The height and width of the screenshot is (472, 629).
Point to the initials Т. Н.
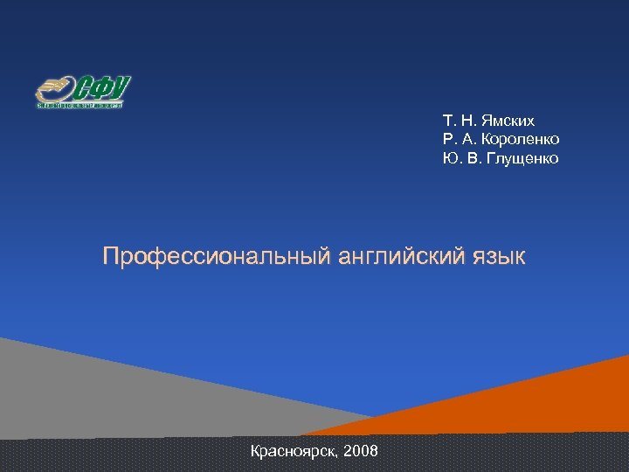click(457, 121)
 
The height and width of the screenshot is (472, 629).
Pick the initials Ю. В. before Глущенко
click(458, 158)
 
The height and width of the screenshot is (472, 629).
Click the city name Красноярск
click(294, 451)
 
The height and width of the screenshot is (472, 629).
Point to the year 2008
click(361, 451)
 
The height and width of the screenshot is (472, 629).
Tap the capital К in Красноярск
click(255, 451)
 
